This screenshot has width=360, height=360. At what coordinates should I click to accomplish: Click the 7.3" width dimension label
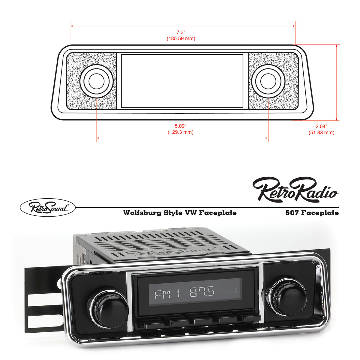pos(181,32)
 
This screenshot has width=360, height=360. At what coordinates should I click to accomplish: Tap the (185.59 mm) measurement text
pos(181,39)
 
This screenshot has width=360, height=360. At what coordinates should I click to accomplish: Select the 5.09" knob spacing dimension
pos(180,125)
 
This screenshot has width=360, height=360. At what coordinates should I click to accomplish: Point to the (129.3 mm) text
pos(180,132)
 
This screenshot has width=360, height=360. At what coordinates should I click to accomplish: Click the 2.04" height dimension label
pos(321,126)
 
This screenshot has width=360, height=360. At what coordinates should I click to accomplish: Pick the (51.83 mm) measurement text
pos(321,133)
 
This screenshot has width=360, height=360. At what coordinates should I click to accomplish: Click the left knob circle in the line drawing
pos(96,81)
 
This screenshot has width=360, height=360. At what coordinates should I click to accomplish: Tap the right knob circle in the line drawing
pos(268,81)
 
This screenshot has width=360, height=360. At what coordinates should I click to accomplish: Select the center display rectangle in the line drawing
pos(182,81)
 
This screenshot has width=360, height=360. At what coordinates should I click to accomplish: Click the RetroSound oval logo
pos(48,207)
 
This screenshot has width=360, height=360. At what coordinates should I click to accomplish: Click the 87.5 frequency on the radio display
pos(202,292)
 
